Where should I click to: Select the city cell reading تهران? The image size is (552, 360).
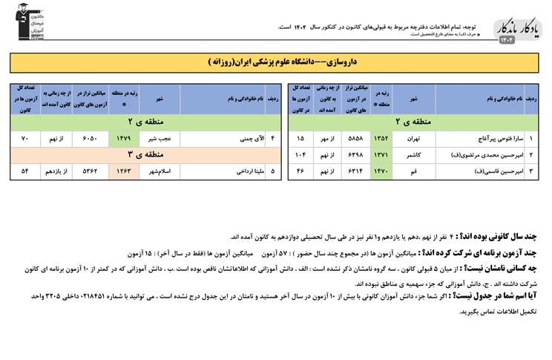click(x=414, y=139)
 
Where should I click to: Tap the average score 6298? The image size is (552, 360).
click(x=355, y=155)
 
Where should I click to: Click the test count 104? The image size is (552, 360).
click(x=300, y=155)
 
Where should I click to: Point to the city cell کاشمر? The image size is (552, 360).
click(x=414, y=155)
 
